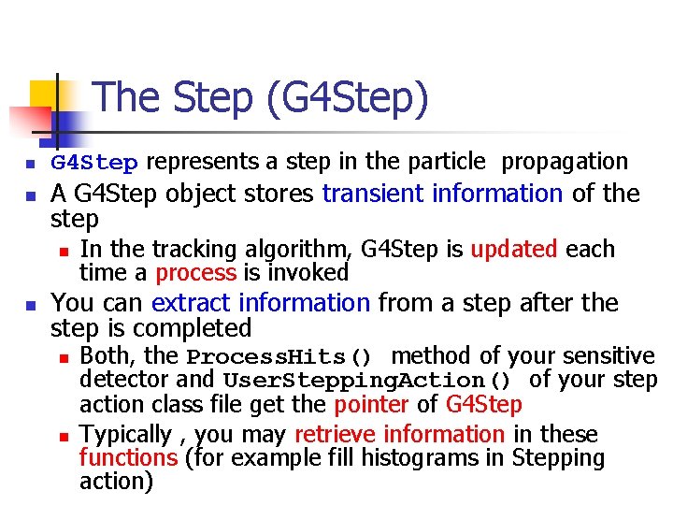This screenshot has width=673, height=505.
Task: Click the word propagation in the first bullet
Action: tap(565, 162)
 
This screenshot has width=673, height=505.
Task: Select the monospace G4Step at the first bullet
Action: tap(94, 164)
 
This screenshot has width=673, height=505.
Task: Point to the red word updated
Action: tap(513, 250)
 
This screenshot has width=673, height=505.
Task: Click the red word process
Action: tap(196, 273)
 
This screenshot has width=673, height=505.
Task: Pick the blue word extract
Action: tap(193, 303)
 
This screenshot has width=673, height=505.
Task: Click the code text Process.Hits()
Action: tap(279, 357)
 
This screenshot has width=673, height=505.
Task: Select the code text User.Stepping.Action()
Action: tap(367, 381)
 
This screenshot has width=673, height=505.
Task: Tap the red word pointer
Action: tap(372, 405)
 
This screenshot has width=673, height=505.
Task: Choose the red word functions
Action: tap(128, 458)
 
